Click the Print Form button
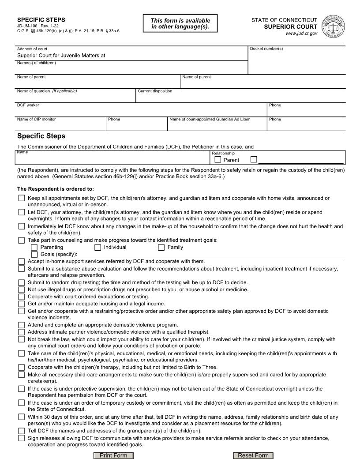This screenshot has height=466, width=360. point(113,455)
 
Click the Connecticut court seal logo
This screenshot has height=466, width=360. point(334,26)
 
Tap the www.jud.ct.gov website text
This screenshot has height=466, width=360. point(301,34)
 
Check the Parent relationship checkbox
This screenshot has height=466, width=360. point(218,160)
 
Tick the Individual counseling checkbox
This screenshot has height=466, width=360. point(98,247)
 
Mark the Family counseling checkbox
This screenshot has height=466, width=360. point(161,247)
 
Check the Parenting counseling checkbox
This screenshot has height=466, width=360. point(34,247)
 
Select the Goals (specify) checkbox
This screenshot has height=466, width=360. point(34,254)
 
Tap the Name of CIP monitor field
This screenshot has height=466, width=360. point(61,125)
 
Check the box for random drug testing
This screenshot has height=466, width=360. point(22,282)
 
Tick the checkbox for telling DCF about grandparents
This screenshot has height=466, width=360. point(22,431)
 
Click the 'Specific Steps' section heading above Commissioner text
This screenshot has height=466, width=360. point(41,136)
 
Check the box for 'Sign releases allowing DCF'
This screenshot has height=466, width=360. point(22,438)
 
